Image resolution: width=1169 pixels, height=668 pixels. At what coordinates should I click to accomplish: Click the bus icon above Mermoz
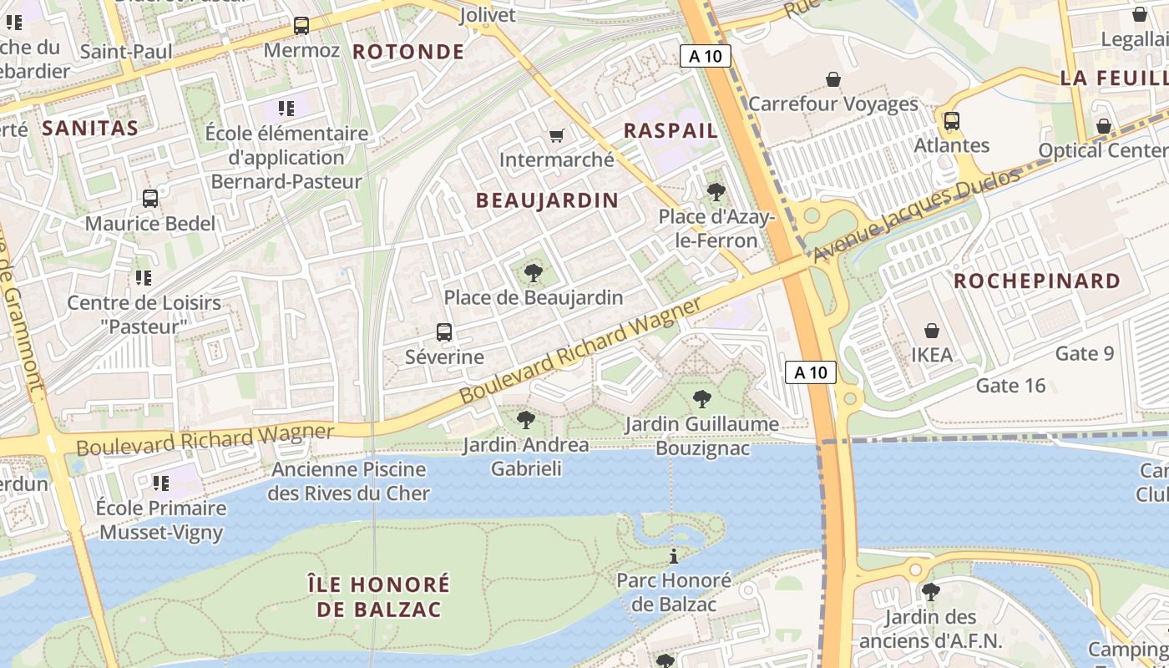pos(301,26)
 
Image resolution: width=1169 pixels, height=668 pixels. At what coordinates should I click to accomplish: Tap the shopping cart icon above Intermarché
pos(556,135)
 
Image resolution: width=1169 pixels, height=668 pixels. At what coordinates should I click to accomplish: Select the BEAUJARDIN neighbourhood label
pos(547,200)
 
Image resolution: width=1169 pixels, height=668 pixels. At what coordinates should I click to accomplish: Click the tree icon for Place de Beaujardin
pos(533,273)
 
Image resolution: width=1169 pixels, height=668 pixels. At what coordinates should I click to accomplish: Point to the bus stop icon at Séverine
pos(444,332)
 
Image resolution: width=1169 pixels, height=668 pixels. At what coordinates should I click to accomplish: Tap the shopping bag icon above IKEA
pos(931,331)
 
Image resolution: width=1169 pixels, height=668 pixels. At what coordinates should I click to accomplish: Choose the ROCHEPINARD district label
pos(1037,281)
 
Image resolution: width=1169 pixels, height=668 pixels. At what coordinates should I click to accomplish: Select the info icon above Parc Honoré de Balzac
pos(673,556)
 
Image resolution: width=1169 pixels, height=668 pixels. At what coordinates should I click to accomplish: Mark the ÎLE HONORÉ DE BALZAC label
pos(378,596)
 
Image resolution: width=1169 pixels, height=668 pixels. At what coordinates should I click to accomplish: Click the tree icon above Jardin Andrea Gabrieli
pos(525,420)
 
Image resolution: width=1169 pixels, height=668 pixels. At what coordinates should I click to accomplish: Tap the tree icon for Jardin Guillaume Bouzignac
pos(702,399)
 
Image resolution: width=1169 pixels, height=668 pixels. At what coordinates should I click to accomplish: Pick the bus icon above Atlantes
pos(951,121)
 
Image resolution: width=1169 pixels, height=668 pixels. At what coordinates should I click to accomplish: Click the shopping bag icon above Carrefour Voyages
pos(832,79)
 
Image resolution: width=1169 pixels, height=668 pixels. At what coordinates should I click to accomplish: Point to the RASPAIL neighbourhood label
pos(671,131)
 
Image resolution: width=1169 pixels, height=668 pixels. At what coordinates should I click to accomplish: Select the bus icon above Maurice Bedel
pos(150,199)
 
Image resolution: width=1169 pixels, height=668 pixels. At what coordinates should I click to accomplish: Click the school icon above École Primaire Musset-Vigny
pos(161,483)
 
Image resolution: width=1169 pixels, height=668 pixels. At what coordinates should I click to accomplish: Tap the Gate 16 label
pos(1010,386)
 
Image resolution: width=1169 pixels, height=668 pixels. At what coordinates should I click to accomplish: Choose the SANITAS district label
pos(89,129)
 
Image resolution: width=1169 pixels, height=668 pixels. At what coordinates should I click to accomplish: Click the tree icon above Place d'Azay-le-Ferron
pos(716,192)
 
